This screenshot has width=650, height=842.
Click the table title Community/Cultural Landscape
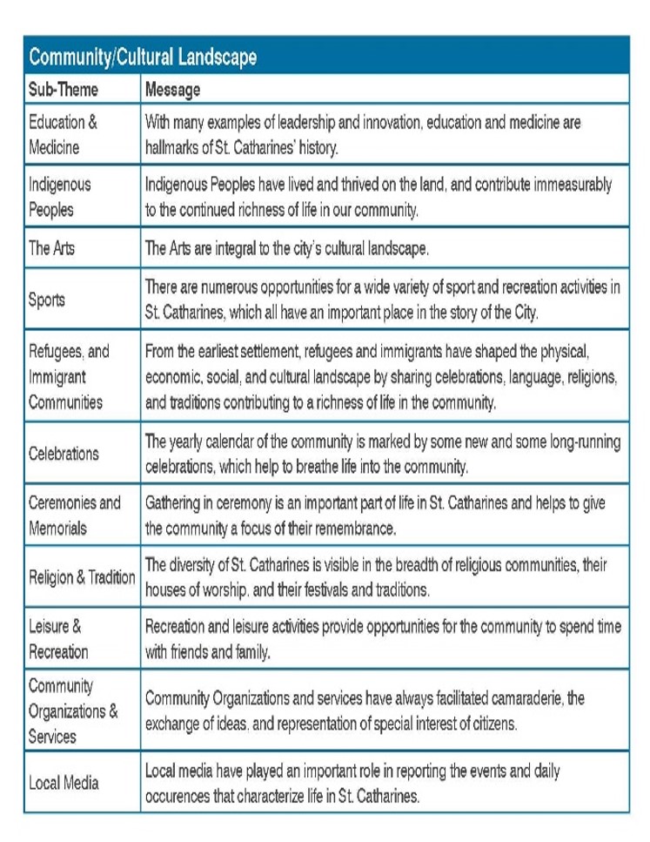pos(143,57)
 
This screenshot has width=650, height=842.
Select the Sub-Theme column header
pos(64,90)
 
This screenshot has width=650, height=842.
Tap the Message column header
pos(172,90)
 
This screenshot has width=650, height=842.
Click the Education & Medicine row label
pos(64,135)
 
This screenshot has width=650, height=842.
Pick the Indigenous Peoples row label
pos(59,197)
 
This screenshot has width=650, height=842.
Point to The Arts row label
pos(52,248)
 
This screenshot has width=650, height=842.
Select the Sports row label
pos(47,300)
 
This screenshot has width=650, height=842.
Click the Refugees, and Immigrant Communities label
pos(69,377)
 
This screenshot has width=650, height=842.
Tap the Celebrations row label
pos(64,454)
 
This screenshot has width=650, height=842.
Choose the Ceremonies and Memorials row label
pos(74,515)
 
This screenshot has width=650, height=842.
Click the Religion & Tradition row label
pos(82,577)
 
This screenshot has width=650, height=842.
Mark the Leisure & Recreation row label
pos(58,638)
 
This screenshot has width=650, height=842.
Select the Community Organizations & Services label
pos(72,711)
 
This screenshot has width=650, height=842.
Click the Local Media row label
pos(64,783)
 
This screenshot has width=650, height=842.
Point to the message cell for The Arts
pos(286,249)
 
